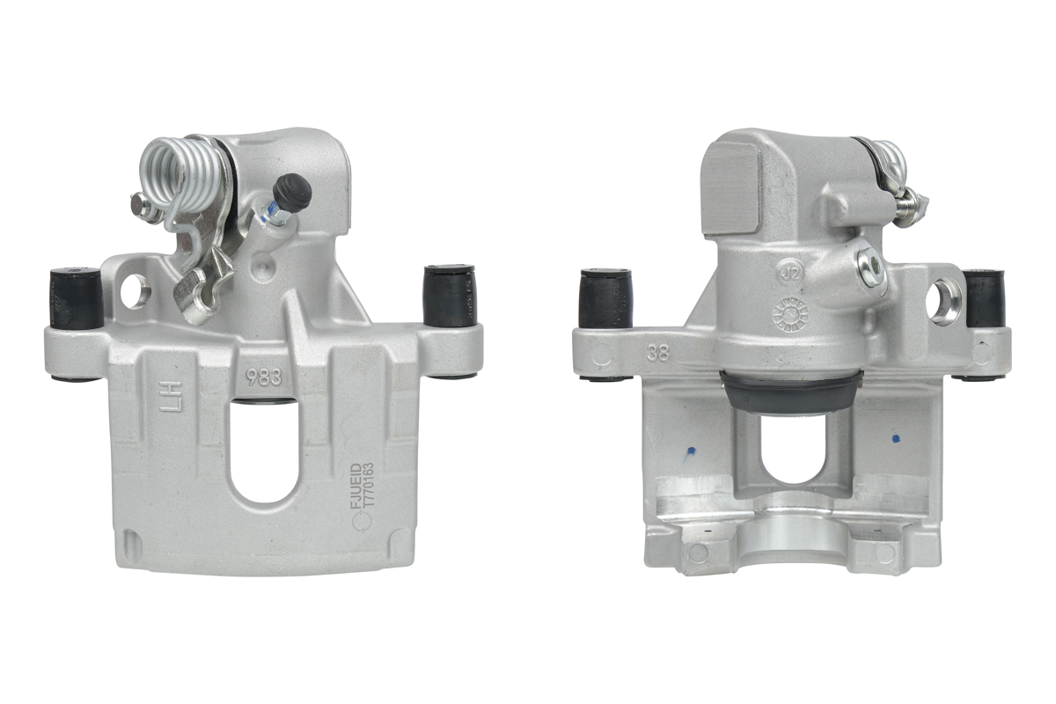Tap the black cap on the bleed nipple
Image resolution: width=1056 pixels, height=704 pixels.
pos(293,188)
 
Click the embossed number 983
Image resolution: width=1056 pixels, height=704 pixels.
pos(263,378)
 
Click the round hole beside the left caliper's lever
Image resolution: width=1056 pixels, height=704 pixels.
pos(135,291)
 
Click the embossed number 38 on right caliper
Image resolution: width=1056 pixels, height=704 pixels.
pos(656,354)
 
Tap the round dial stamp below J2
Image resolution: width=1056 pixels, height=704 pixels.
pos(789,315)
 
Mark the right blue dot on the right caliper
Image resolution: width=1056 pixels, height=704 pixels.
pos(896,437)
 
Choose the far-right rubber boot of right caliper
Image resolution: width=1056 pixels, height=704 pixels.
pos(985,298)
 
